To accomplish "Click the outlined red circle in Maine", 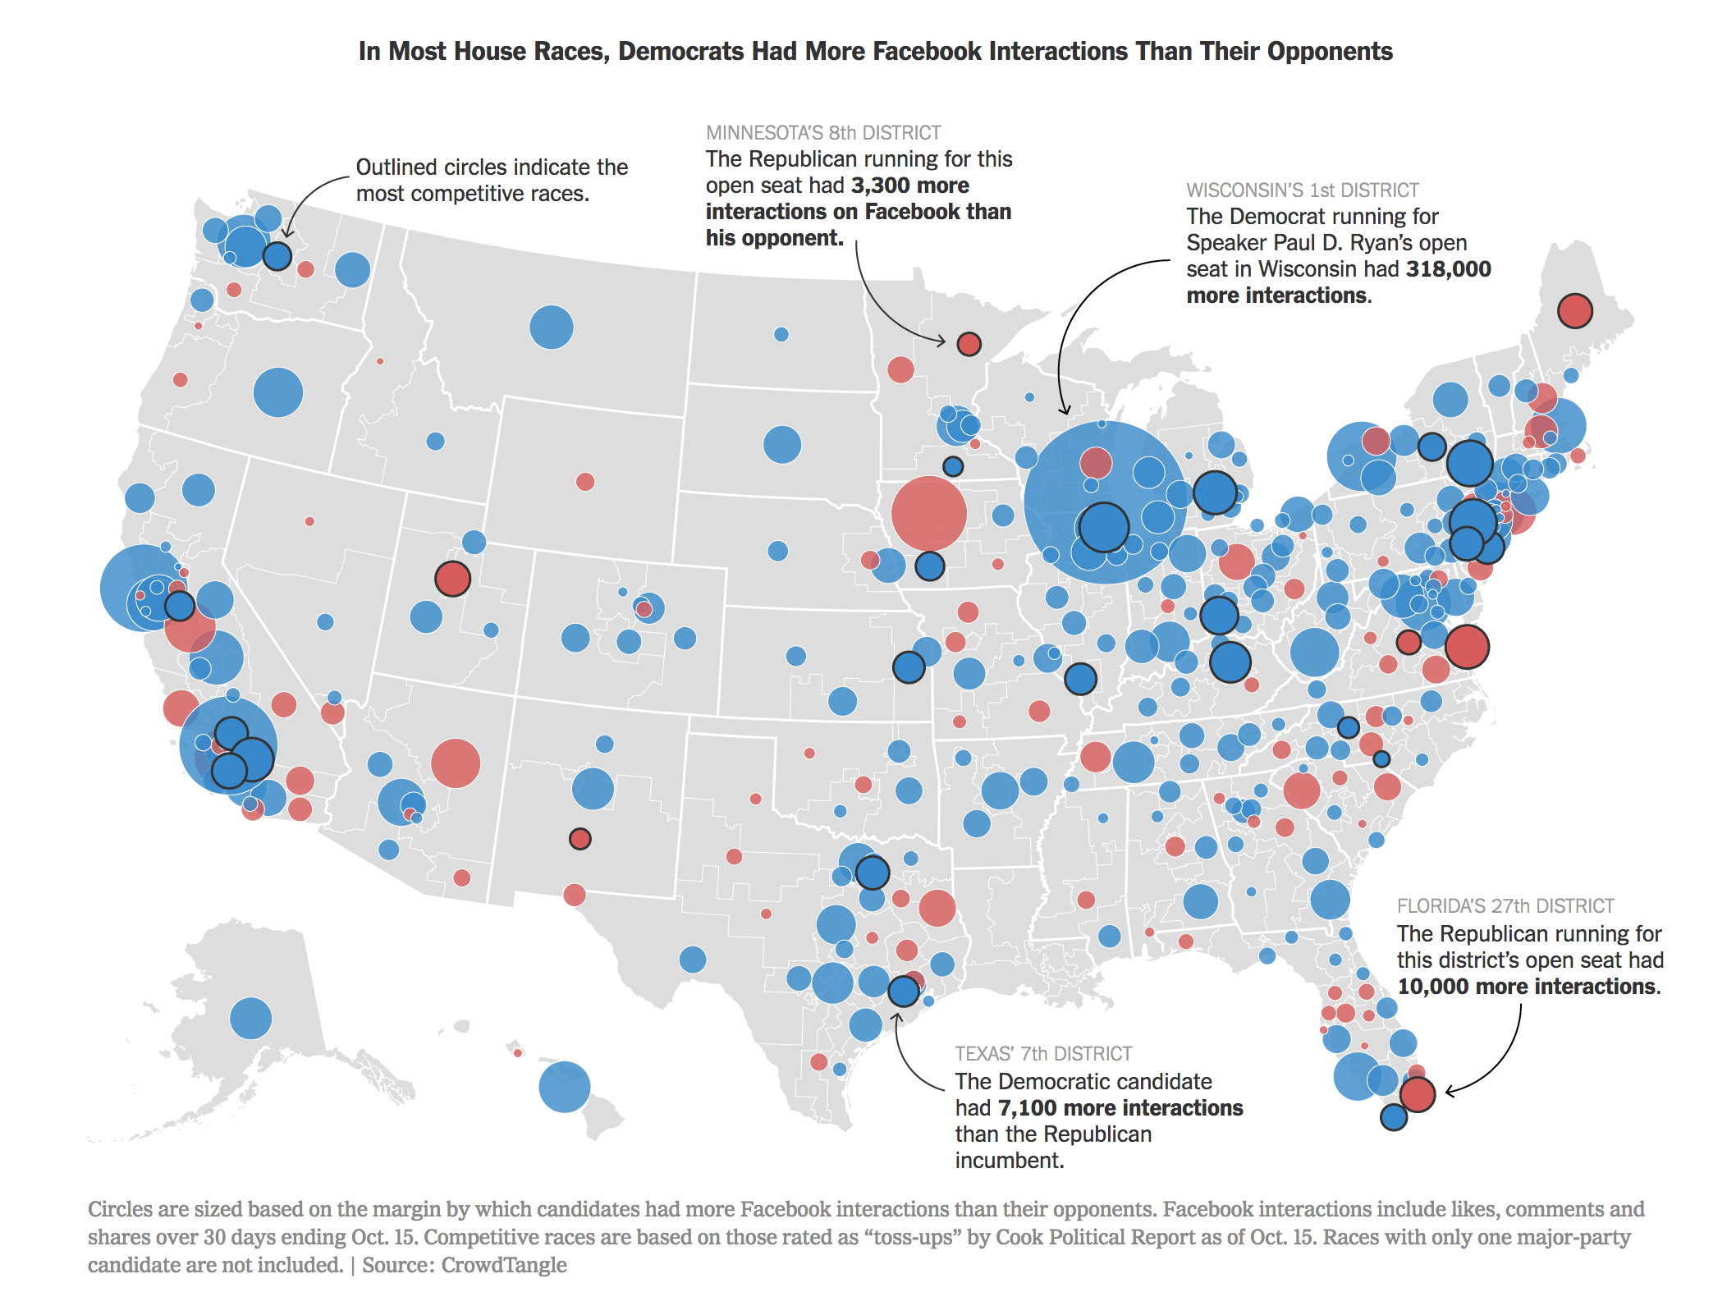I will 1574,311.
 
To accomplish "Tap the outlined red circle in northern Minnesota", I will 969,343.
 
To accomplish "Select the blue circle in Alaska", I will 250,1019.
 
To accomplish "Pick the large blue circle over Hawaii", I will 564,1087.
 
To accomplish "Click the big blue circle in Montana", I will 551,327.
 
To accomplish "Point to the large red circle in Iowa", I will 928,514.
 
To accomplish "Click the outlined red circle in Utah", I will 452,578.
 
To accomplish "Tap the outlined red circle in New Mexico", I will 579,839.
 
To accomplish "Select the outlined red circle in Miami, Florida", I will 1417,1094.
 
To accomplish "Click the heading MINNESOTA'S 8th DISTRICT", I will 822,133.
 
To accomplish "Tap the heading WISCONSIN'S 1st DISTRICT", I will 1302,190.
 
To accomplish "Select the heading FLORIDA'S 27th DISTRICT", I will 1505,906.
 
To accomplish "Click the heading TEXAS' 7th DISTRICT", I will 1042,1054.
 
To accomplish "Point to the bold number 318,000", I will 1448,269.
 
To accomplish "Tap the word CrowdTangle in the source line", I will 503,1265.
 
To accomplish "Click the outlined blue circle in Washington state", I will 277,256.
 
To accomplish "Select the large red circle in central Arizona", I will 455,763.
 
